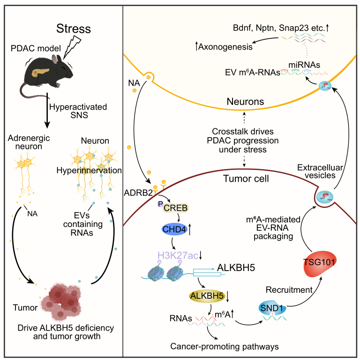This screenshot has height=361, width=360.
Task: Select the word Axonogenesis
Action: pos(225,46)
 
